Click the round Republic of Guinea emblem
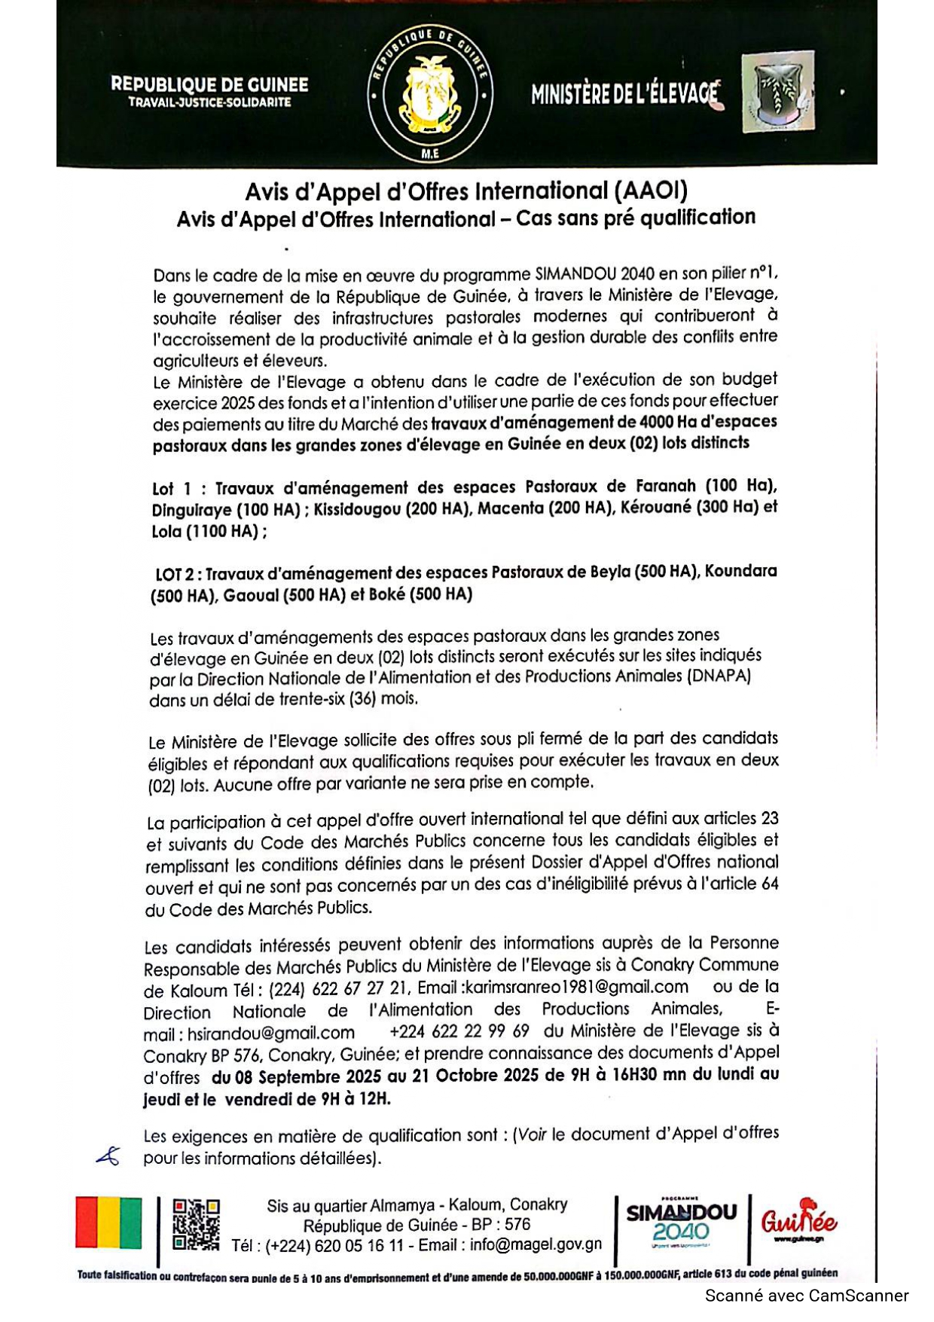click(430, 95)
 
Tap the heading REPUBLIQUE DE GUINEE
click(209, 84)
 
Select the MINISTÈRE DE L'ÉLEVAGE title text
click(624, 94)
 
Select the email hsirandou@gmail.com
click(271, 1032)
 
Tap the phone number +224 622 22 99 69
click(459, 1031)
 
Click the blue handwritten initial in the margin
click(108, 1156)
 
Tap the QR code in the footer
click(196, 1224)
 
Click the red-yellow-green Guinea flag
click(108, 1222)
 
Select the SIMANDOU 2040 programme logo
click(681, 1224)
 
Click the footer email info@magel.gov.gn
click(536, 1244)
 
